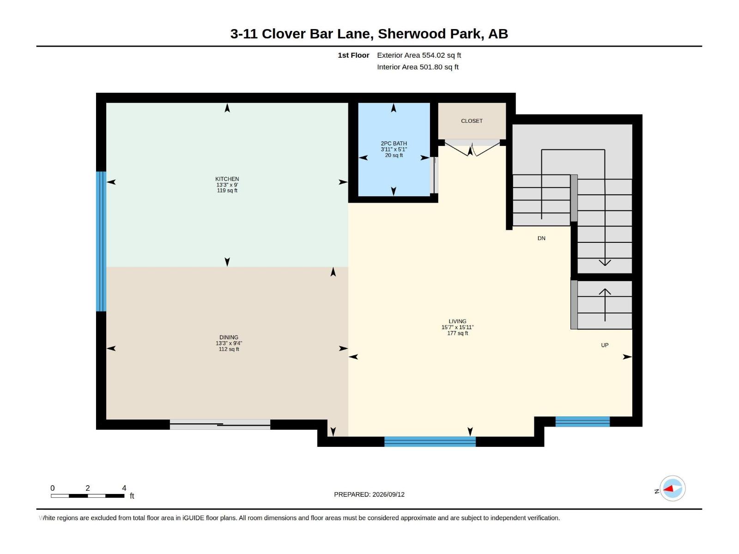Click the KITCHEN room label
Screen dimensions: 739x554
coord(227,179)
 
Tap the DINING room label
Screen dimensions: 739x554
coord(229,337)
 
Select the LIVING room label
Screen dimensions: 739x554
coord(457,322)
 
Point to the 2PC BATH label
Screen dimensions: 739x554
coord(394,144)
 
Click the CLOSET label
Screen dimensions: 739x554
coord(472,121)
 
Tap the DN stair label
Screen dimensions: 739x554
coord(541,239)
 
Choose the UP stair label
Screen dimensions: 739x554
coord(604,345)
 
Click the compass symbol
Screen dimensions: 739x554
coord(672,488)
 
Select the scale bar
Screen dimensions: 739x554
coord(88,496)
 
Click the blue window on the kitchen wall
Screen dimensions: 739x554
coord(101,241)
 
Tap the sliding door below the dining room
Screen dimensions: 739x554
coord(220,424)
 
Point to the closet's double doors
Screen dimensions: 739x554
coord(472,148)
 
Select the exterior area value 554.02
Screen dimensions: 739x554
coord(433,55)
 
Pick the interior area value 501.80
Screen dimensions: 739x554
coord(430,67)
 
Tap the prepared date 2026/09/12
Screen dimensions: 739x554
coord(388,494)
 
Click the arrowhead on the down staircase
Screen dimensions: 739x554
coord(605,263)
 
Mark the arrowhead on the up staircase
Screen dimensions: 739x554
coord(605,292)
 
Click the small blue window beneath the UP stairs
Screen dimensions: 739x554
coord(582,422)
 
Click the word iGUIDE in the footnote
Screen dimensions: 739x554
coord(193,518)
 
